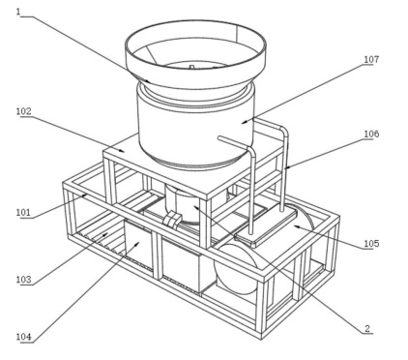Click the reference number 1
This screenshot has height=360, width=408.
[x=18, y=12]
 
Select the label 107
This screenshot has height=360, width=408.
[x=371, y=59]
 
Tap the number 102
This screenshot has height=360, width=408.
[x=24, y=111]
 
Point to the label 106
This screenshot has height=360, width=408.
[x=371, y=134]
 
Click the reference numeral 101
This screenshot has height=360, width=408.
[x=24, y=212]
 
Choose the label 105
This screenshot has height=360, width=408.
[x=371, y=243]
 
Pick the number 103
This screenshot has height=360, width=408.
[x=24, y=279]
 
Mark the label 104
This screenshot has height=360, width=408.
[x=24, y=337]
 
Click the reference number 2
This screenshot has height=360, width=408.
[x=367, y=328]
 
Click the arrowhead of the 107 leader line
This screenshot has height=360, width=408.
[x=245, y=122]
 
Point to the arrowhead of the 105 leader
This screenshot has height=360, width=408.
[x=297, y=226]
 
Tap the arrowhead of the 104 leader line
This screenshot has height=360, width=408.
[x=136, y=245]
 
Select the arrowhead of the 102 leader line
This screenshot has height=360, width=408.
[x=121, y=150]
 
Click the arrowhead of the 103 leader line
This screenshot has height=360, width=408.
[x=105, y=234]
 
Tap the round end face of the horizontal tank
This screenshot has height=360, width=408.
[x=236, y=269]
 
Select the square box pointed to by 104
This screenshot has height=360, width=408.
[x=139, y=245]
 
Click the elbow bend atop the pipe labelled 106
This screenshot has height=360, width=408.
[x=283, y=131]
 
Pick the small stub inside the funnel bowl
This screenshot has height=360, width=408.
[x=191, y=67]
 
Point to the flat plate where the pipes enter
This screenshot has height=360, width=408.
[x=266, y=226]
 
